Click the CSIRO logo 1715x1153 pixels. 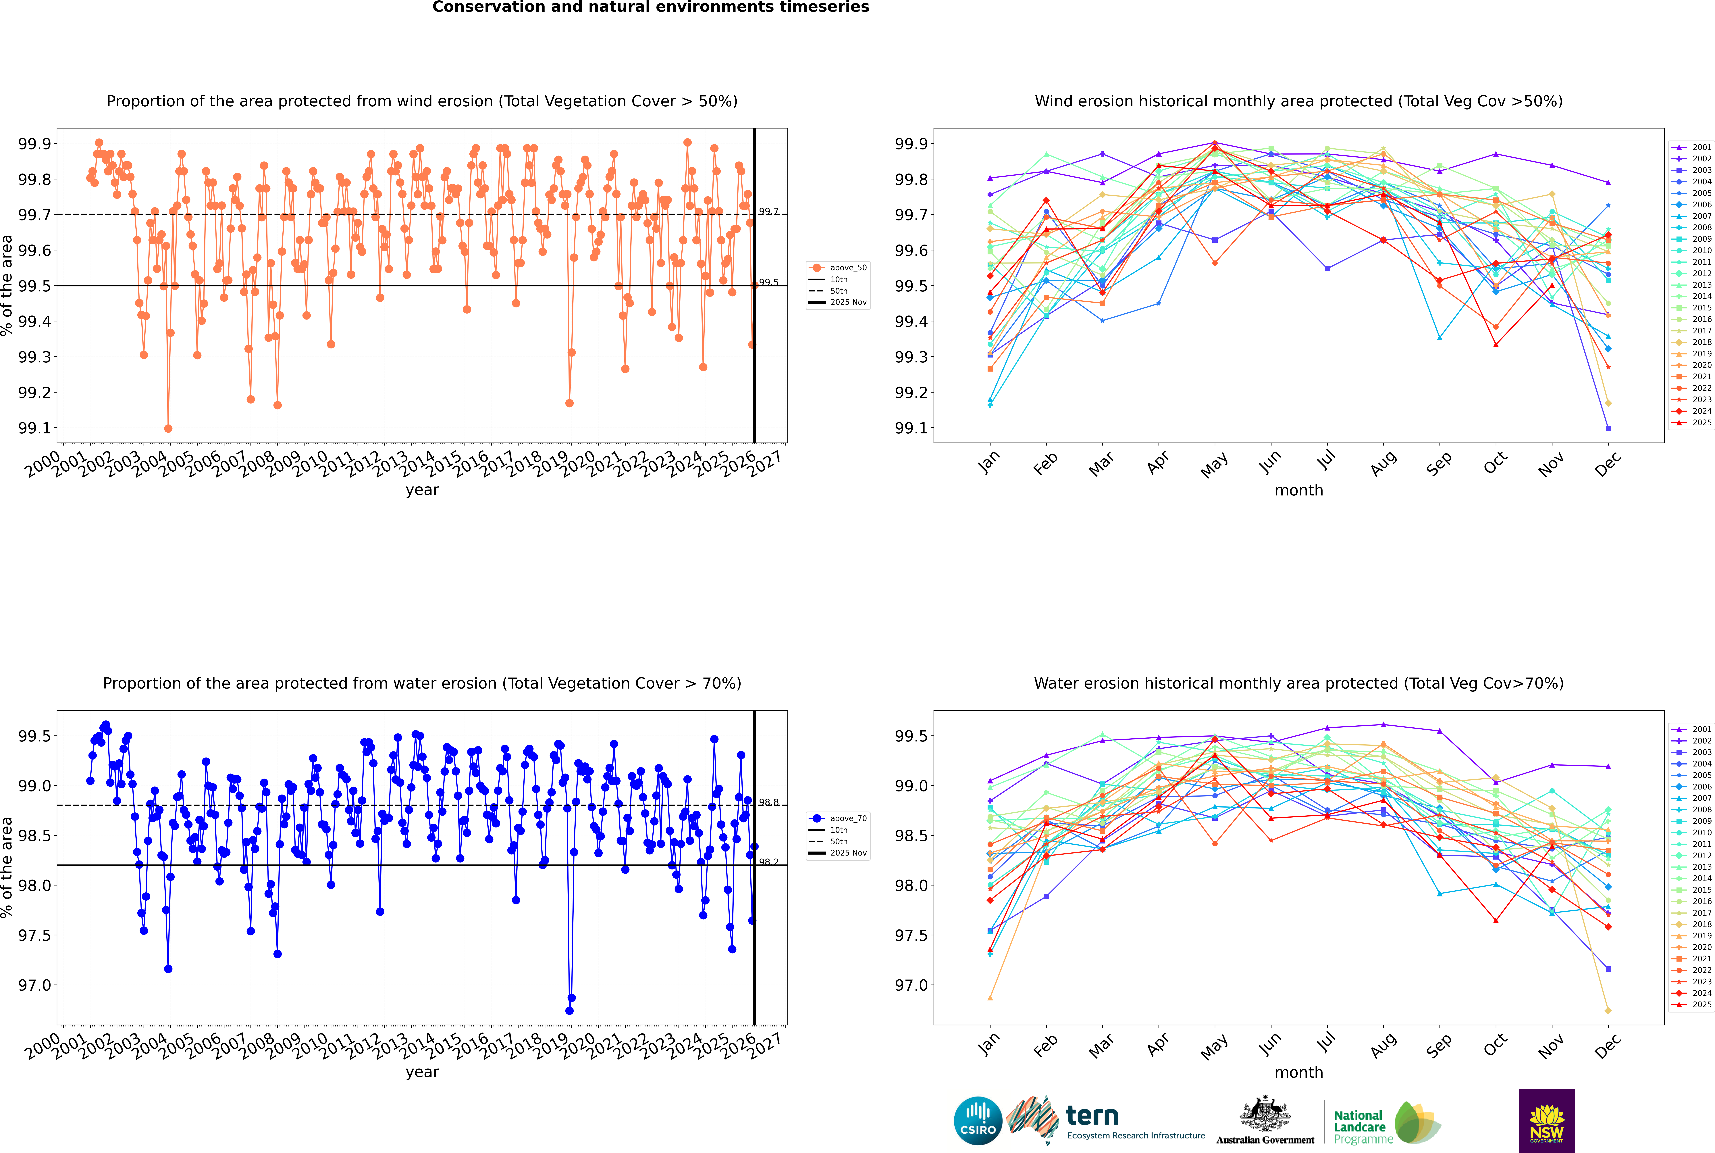point(978,1121)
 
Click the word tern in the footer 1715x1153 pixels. point(1092,1116)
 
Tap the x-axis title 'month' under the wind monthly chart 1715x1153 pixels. point(1298,491)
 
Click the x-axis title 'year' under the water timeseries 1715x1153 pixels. point(422,1072)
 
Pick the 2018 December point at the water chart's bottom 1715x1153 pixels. point(1608,1010)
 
